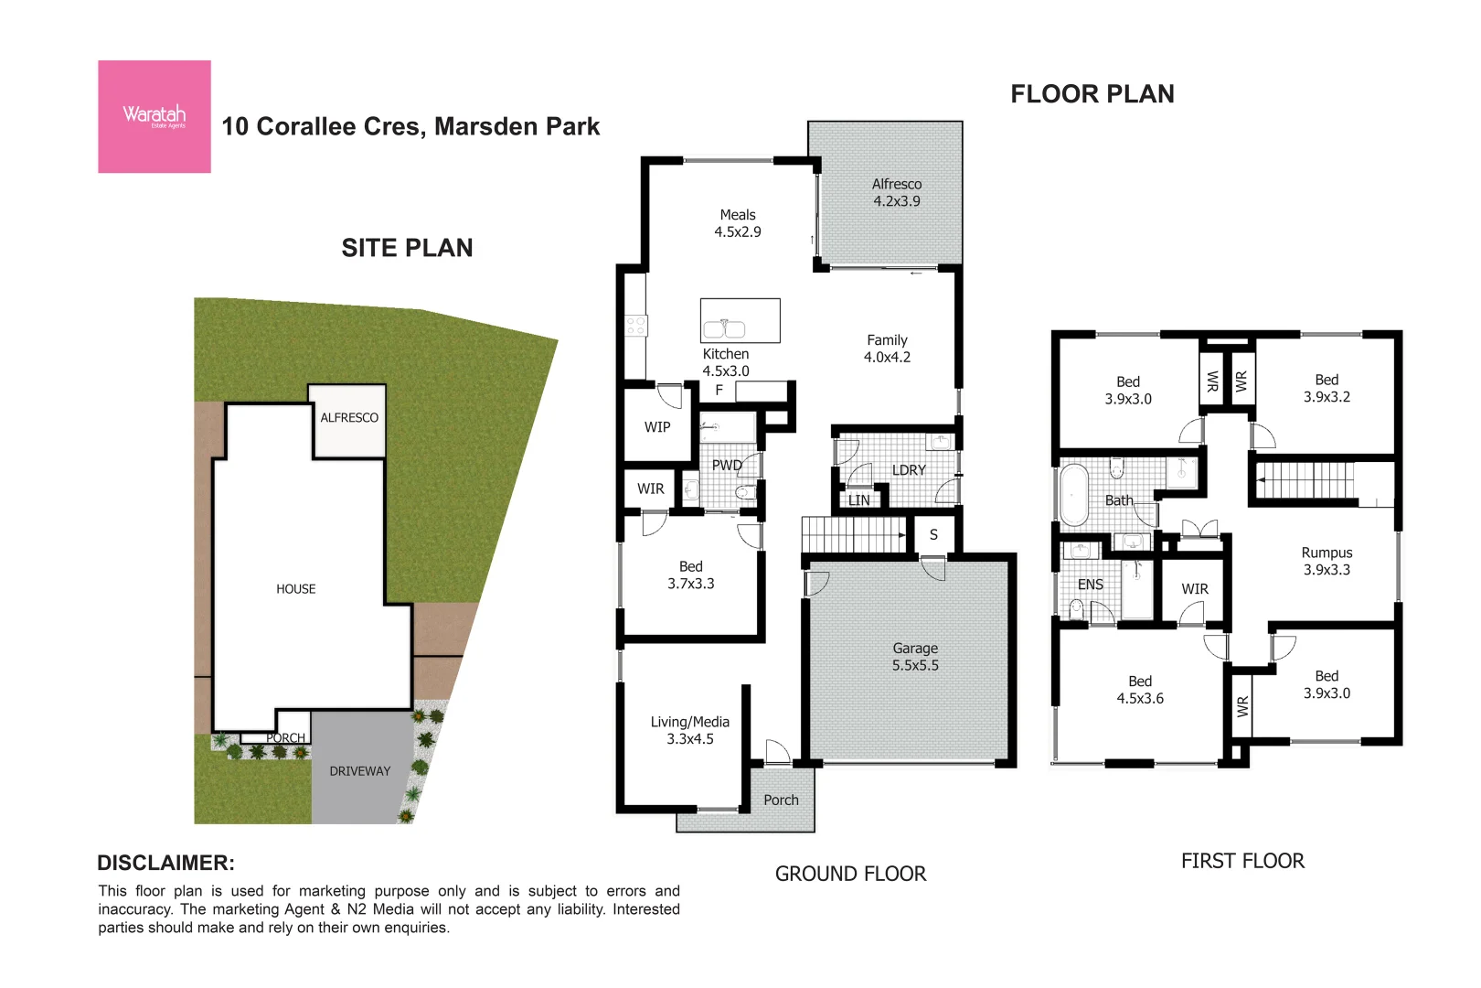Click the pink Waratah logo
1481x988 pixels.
pos(154,116)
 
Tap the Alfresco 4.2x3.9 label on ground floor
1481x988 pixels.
pos(896,193)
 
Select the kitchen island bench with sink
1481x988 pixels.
pos(740,321)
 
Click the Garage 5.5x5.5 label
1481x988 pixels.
pos(914,657)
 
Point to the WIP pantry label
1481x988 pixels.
pos(656,427)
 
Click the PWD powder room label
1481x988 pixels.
pos(727,465)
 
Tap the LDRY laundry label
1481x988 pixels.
pos(908,470)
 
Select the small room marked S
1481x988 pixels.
pos(933,535)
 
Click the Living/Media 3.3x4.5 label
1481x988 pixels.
pos(689,730)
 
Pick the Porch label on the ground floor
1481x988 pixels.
pos(781,800)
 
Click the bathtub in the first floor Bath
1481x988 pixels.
pos(1073,495)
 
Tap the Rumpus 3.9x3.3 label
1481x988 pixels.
pos(1326,561)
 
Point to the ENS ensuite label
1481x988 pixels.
pos(1090,585)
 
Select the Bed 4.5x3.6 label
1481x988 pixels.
pos(1139,690)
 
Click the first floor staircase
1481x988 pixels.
pos(1305,480)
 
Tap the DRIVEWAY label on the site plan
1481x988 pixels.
pos(359,771)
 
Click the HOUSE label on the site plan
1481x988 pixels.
pos(295,589)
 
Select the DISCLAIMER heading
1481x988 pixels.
pos(165,863)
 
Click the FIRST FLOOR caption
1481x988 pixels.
pos(1241,861)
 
